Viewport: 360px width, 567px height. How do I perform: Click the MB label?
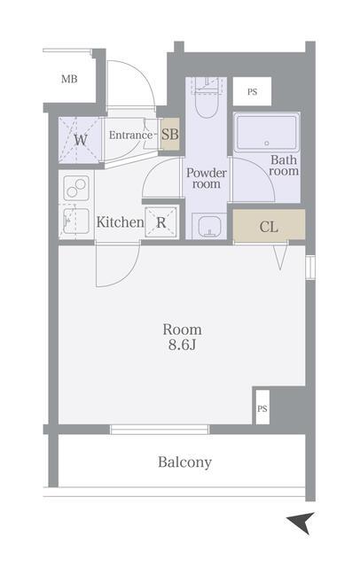coord(69,79)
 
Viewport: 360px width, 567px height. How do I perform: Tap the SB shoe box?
coord(170,135)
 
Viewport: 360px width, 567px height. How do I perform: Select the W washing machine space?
coord(80,140)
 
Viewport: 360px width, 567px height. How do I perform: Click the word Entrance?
coord(131,136)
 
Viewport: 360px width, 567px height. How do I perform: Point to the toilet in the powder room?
coord(207,98)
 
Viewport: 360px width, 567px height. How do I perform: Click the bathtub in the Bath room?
coord(267,133)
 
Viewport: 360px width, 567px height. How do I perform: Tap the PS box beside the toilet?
coord(252,91)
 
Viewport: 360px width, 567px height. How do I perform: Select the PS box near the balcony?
coord(262,408)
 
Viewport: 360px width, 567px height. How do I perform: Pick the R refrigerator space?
coord(161,222)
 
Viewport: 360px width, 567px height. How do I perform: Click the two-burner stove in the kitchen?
coord(76,188)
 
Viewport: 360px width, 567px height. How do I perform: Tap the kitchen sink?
coord(76,221)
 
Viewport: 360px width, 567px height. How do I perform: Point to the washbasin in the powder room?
coord(208,226)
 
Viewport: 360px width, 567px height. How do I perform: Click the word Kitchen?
coord(120,222)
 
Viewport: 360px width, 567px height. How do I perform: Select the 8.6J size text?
coord(182,345)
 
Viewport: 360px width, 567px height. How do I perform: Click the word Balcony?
coord(184,462)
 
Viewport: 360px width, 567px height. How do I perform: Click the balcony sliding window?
coord(160,429)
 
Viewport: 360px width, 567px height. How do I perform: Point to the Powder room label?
coord(207,178)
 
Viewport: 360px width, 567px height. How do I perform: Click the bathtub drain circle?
coord(267,144)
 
